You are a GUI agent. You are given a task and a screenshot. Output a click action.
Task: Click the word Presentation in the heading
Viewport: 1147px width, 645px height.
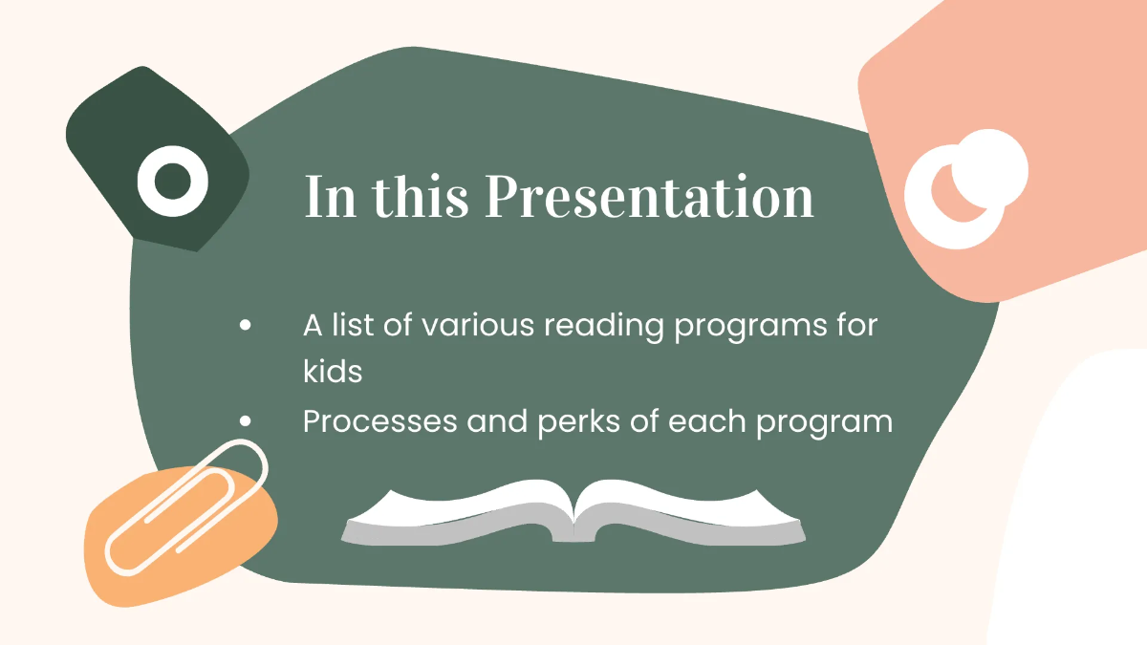(649, 197)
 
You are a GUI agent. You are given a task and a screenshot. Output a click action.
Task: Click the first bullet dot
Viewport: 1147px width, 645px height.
(246, 326)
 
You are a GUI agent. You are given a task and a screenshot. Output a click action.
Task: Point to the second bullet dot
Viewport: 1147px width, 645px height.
(246, 420)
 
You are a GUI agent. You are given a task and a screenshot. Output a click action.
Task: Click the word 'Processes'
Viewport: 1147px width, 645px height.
(379, 420)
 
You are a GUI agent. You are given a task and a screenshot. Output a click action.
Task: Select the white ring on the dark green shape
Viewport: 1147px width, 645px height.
(172, 179)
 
